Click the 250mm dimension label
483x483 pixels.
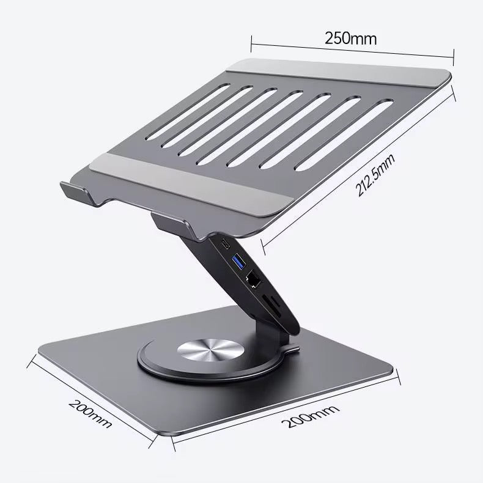pos(350,38)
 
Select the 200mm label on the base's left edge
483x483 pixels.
pos(90,413)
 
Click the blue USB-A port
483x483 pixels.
pos(238,263)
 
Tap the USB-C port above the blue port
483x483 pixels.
pos(226,245)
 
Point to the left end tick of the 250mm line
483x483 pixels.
pos(251,42)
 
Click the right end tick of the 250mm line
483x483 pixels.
pos(453,56)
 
